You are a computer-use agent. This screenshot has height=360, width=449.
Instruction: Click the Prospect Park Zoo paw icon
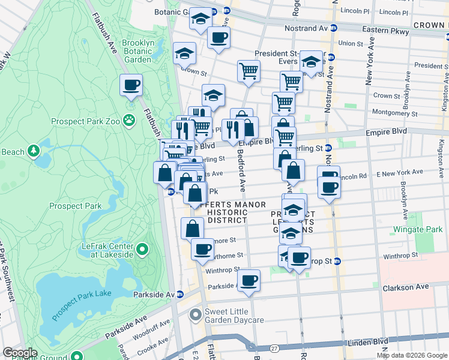(x=129, y=120)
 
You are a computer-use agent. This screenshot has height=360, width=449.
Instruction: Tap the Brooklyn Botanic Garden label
(x=137, y=51)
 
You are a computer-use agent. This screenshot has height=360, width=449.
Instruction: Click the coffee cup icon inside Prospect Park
(x=131, y=85)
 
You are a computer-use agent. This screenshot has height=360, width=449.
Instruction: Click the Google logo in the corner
(x=20, y=353)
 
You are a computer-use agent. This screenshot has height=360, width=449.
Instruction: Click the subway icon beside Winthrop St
(x=337, y=261)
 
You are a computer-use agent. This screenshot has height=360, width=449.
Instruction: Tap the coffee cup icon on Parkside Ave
(x=249, y=280)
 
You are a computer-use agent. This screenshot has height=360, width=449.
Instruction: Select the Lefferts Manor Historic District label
(x=228, y=212)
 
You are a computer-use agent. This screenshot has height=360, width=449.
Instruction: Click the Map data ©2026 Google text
(x=412, y=355)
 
